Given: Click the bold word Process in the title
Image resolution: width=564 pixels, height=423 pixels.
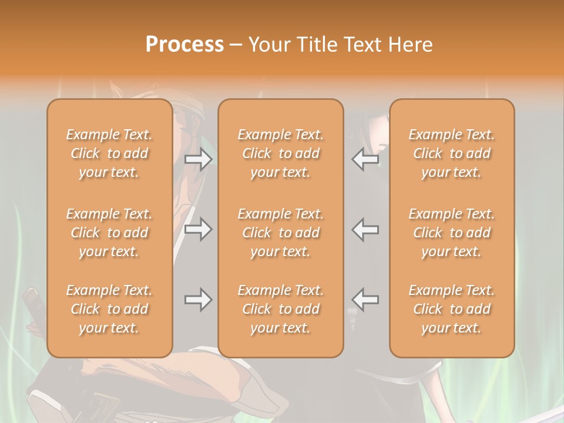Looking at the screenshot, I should point(184,45).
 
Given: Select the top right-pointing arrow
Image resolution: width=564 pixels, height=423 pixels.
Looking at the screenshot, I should point(198,160).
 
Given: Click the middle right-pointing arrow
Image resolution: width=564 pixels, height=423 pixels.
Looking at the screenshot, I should point(198,229).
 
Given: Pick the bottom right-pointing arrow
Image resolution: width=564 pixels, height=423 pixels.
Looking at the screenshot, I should point(198,300).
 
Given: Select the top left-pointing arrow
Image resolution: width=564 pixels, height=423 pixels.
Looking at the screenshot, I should point(365,160).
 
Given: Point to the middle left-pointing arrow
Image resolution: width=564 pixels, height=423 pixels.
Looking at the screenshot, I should point(365,229).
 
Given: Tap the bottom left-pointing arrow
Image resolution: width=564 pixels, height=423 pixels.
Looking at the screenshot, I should point(365,300).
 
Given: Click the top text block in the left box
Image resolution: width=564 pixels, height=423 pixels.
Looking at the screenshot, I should point(109,153).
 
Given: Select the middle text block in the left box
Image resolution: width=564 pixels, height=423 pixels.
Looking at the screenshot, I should point(109,233).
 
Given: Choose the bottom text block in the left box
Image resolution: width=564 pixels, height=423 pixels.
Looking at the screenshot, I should point(109,309).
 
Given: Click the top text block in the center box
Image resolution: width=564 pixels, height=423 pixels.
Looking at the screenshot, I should point(280,153).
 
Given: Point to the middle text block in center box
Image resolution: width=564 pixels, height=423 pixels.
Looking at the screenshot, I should point(280,233).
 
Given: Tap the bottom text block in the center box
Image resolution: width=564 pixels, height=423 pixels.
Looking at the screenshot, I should point(280,309).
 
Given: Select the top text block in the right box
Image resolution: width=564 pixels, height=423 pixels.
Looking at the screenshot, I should point(451,153).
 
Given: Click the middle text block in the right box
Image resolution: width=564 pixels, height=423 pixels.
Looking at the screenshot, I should point(451,233).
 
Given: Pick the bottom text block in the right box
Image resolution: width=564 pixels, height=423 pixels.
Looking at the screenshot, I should point(451,309).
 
